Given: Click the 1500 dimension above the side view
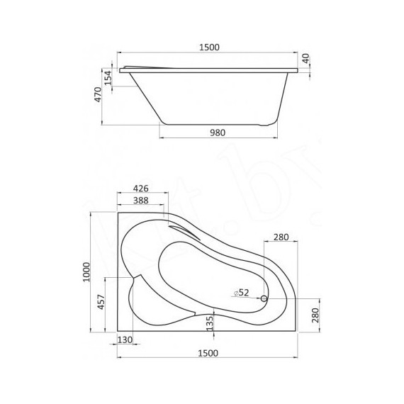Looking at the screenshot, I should pos(208,47).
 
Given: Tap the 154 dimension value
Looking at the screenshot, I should pos(108,77).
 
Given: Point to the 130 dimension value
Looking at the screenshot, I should pos(125,340).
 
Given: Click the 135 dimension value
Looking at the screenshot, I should pos(209,323).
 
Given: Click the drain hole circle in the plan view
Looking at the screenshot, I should pos(264,299).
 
